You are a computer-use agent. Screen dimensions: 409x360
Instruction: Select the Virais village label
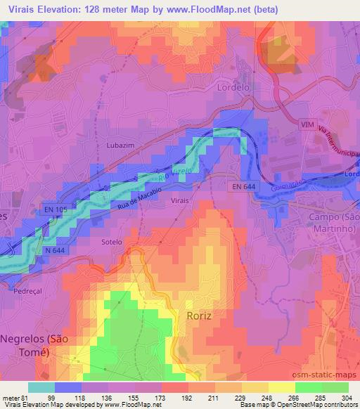[180, 200]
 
